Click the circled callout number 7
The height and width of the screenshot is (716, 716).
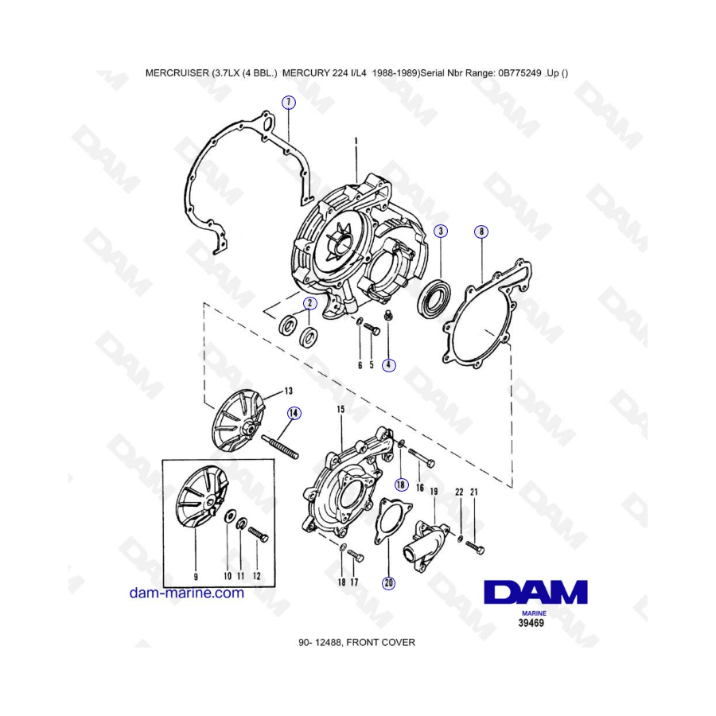(288, 103)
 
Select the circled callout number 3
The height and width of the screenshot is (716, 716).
(441, 231)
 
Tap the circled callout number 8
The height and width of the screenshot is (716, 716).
(481, 232)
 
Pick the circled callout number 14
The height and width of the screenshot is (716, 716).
(294, 413)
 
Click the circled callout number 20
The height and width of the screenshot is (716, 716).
(388, 582)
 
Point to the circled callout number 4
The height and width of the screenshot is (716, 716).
(388, 365)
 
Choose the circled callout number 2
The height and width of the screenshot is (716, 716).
(309, 303)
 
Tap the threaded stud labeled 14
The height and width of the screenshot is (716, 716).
(280, 447)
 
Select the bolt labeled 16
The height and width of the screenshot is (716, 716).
(421, 457)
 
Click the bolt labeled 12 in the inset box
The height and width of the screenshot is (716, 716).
(258, 535)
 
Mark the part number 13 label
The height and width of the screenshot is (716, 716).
(289, 391)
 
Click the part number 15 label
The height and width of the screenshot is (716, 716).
(340, 409)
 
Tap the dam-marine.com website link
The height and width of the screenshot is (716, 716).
(187, 593)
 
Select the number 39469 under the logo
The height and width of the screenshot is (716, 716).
(531, 623)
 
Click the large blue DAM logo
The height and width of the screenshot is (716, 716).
(535, 592)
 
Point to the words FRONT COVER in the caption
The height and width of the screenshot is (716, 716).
(381, 643)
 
